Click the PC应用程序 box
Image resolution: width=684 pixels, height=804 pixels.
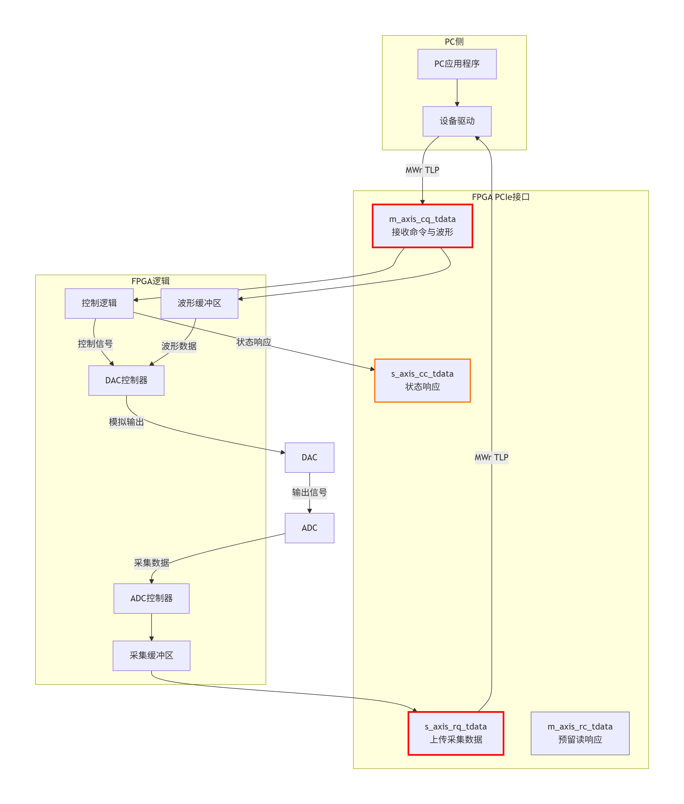[457, 64]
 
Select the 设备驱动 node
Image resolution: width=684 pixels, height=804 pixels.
[457, 121]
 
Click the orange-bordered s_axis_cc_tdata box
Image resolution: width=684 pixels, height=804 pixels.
[422, 380]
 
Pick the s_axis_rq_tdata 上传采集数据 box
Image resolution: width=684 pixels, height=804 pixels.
[456, 733]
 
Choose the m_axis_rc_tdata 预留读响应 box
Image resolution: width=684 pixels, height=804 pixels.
[580, 733]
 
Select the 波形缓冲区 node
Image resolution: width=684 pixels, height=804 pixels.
[199, 303]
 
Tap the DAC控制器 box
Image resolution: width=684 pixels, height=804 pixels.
[126, 380]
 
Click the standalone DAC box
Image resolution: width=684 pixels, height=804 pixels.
[309, 457]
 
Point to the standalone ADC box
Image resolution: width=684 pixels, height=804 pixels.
[309, 528]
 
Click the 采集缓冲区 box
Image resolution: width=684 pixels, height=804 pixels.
[151, 655]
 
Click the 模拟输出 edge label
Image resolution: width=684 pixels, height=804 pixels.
[126, 422]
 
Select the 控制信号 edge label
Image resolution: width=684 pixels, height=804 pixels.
[95, 344]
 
